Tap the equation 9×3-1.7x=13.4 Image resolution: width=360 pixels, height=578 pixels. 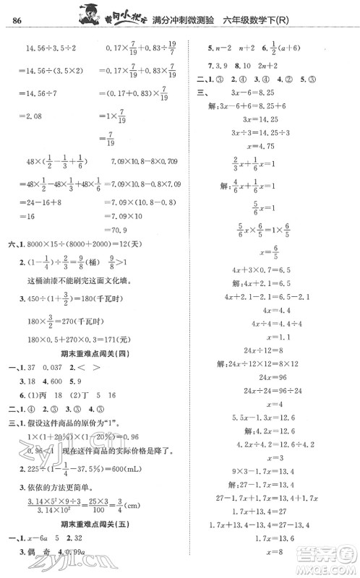[270, 470]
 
